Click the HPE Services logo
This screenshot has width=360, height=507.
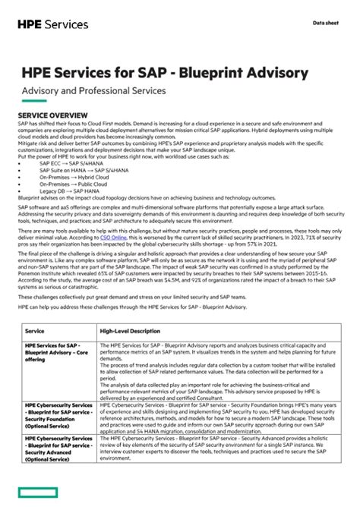point(53,24)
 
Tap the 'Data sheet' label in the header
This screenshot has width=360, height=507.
point(328,23)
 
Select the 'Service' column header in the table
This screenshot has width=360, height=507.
point(35,332)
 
